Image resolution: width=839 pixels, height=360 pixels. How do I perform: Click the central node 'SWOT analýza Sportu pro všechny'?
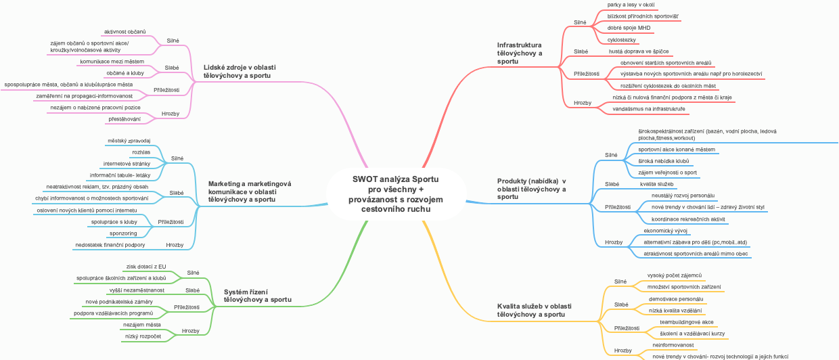pos(395,194)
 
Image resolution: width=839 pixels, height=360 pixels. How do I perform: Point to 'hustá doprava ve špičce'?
pos(639,51)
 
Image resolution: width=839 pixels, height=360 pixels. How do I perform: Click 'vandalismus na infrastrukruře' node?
pos(648,108)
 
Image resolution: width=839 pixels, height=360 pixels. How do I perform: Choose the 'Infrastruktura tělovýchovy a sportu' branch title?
pos(520,53)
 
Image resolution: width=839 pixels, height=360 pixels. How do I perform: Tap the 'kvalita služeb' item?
pos(656,184)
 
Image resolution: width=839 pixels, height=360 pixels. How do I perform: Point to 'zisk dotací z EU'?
pos(146,267)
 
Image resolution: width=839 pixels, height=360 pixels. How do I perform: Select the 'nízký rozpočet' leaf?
pos(143,336)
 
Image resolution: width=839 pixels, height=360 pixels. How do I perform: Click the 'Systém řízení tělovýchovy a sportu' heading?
pos(257,296)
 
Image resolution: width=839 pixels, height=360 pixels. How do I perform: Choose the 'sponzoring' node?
pos(123,233)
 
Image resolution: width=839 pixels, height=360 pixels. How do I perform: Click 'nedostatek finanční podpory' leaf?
pos(110,244)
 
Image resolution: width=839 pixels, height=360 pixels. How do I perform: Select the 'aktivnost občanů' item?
pos(125,31)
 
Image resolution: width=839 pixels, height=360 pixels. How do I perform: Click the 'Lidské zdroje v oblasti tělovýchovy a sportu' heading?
pos(239,72)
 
